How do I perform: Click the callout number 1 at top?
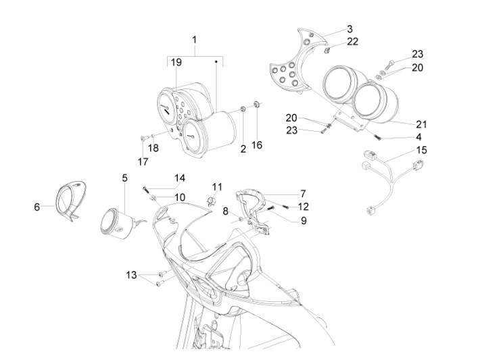coord(195,40)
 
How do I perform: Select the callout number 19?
coord(176,62)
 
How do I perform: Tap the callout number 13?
coord(131,275)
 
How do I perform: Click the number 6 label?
coord(37,207)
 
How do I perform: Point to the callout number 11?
coord(216,186)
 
